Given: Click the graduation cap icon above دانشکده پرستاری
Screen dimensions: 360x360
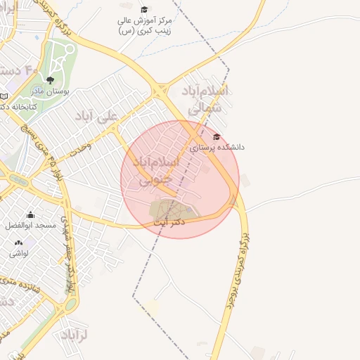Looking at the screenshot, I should click(217, 136).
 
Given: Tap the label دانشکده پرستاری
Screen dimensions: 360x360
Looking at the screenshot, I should click(217, 148).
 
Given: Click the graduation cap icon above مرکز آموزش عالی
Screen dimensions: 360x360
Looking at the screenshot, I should click(144, 10).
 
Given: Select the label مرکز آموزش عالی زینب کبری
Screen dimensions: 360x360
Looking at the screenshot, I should click(146, 26).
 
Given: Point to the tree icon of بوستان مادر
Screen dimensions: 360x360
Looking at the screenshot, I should click(50, 80).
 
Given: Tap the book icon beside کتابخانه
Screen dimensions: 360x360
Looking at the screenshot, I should click(5, 96).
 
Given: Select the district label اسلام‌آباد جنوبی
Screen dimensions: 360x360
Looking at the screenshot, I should click(155, 171).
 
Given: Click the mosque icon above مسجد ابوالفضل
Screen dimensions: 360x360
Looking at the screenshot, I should click(30, 215).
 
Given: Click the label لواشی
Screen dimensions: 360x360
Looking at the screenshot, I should click(18, 253).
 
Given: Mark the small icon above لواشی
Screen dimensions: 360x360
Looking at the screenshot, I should click(18, 243).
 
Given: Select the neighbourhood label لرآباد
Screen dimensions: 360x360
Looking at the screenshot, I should click(72, 334).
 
